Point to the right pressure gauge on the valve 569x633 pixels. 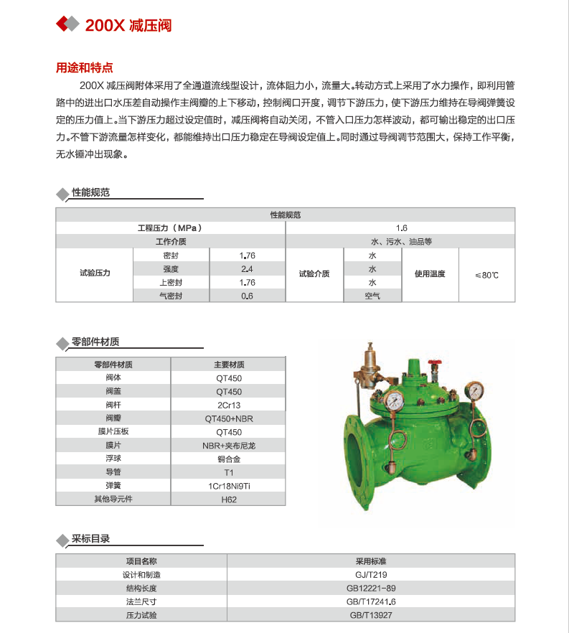click(x=473, y=391)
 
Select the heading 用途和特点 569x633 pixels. click(x=85, y=68)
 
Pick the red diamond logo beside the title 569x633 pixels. click(x=67, y=24)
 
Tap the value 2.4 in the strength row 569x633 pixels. click(x=248, y=269)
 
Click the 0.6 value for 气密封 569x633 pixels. click(x=248, y=296)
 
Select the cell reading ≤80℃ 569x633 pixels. click(x=486, y=275)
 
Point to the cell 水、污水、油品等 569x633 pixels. click(x=400, y=242)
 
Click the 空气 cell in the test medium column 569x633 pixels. click(x=372, y=296)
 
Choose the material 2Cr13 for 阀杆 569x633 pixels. click(x=229, y=405)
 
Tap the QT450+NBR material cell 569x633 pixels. click(x=229, y=419)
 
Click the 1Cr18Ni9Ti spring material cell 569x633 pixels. click(x=229, y=486)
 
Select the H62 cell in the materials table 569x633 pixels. click(x=229, y=500)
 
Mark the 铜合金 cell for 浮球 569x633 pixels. click(x=229, y=459)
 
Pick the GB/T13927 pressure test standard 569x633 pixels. click(x=371, y=615)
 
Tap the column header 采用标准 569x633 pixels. click(x=371, y=561)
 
